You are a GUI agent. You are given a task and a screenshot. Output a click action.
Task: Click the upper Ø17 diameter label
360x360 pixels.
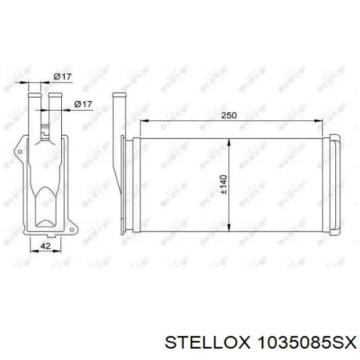click(x=62, y=77)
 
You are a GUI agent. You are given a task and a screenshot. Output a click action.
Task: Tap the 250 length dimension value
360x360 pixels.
click(x=229, y=115)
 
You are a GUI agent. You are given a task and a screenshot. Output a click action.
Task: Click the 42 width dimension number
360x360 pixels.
click(x=45, y=246)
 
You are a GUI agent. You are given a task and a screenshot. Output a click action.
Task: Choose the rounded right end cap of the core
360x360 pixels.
click(x=335, y=184)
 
